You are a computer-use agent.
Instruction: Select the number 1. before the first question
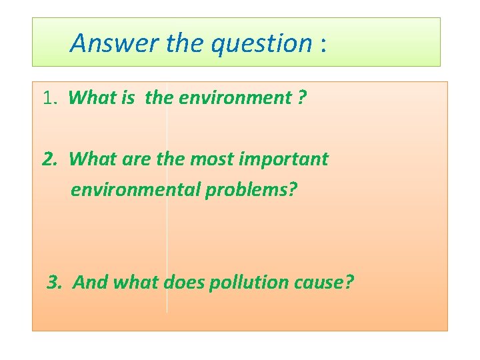(x=51, y=98)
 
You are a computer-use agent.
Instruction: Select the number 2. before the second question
(x=51, y=159)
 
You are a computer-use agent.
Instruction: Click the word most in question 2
(x=212, y=159)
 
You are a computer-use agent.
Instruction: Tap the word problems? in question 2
(x=251, y=190)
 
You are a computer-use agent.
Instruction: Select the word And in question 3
(x=91, y=283)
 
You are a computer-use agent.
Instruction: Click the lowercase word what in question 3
(x=136, y=283)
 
